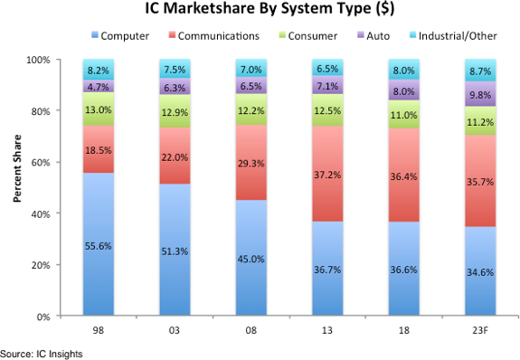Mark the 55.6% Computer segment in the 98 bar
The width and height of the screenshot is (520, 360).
pos(98,244)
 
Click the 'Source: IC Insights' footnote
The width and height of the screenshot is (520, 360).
pos(42,353)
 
